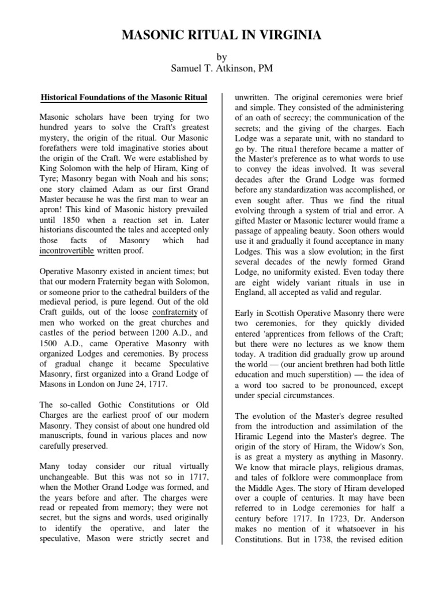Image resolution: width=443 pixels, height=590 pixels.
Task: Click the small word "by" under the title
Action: coord(221,58)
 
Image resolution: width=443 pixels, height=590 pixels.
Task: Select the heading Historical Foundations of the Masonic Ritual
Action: coord(123,96)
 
